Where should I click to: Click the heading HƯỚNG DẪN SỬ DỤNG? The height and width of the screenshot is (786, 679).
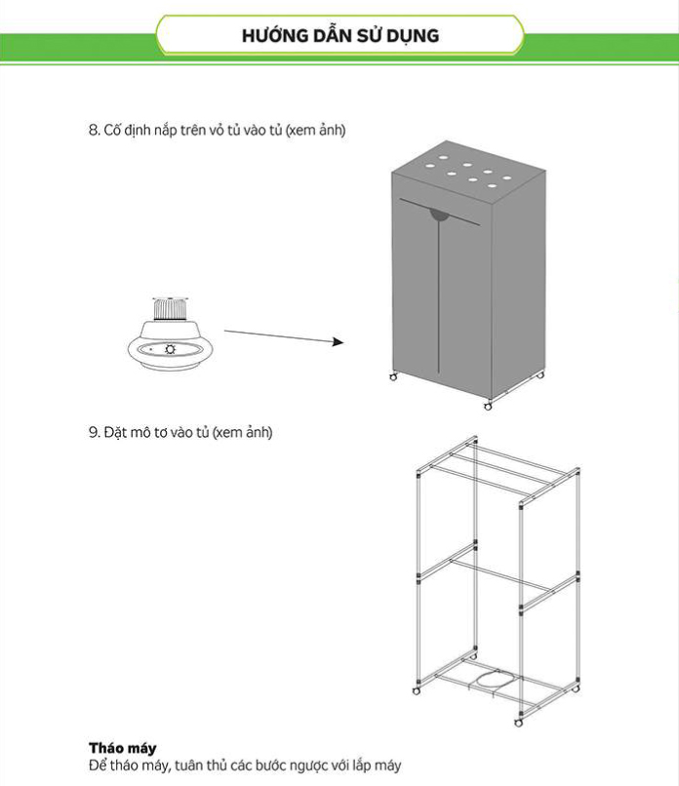[x=339, y=36]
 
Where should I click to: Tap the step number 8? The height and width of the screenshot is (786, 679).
[x=92, y=132]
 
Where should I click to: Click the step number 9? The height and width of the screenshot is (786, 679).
[x=92, y=432]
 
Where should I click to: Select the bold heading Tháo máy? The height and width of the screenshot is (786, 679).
[x=122, y=749]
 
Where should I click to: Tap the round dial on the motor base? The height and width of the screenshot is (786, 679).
[x=171, y=348]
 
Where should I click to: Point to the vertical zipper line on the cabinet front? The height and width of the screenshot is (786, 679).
[x=440, y=293]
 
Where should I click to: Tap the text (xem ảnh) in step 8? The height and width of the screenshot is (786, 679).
[x=316, y=132]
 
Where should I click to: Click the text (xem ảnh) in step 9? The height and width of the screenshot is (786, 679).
[x=243, y=432]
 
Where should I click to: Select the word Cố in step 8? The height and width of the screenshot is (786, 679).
[x=110, y=132]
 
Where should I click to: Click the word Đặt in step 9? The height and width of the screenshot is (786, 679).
[x=115, y=432]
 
